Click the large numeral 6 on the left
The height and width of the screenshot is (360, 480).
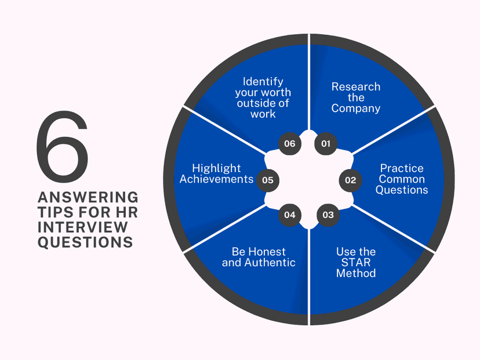click(62, 147)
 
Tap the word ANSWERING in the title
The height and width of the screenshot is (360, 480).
click(88, 198)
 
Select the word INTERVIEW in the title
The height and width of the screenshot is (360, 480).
click(83, 227)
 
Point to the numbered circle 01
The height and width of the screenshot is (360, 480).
click(326, 144)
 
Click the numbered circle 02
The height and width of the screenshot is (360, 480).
click(350, 180)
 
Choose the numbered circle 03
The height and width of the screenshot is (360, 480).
click(328, 215)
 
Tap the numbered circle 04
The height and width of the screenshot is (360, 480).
click(290, 215)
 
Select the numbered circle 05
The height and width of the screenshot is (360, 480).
click(268, 180)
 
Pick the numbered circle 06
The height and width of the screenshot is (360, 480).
click(290, 144)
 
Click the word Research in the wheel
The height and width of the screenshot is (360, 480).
click(356, 86)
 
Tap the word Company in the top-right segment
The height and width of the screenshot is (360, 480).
click(356, 108)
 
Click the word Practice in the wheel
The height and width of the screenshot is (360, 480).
click(402, 168)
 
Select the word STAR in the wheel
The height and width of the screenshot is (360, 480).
click(356, 263)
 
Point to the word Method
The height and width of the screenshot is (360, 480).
click(356, 273)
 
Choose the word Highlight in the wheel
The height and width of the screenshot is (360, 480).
click(216, 169)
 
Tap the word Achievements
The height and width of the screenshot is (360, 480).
click(216, 179)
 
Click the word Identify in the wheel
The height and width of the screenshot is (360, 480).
click(263, 82)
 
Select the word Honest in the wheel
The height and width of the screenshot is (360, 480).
click(268, 252)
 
